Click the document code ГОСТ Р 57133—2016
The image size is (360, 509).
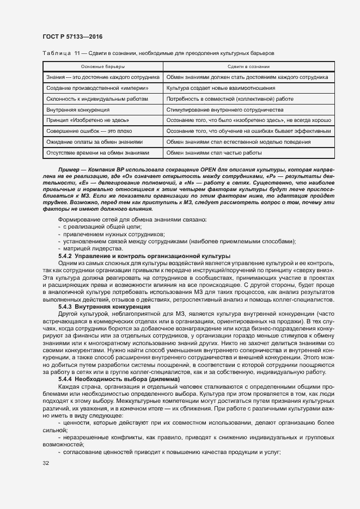tap(72, 36)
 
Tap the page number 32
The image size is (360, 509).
tap(45, 463)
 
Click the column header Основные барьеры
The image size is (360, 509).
tap(102, 67)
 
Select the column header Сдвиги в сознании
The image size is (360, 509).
tap(248, 67)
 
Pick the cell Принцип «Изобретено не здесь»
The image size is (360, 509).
tap(88, 120)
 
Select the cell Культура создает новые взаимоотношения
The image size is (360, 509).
tap(221, 88)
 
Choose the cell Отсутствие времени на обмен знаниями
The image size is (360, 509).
tap(97, 153)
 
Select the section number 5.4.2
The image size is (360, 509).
tap(65, 256)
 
